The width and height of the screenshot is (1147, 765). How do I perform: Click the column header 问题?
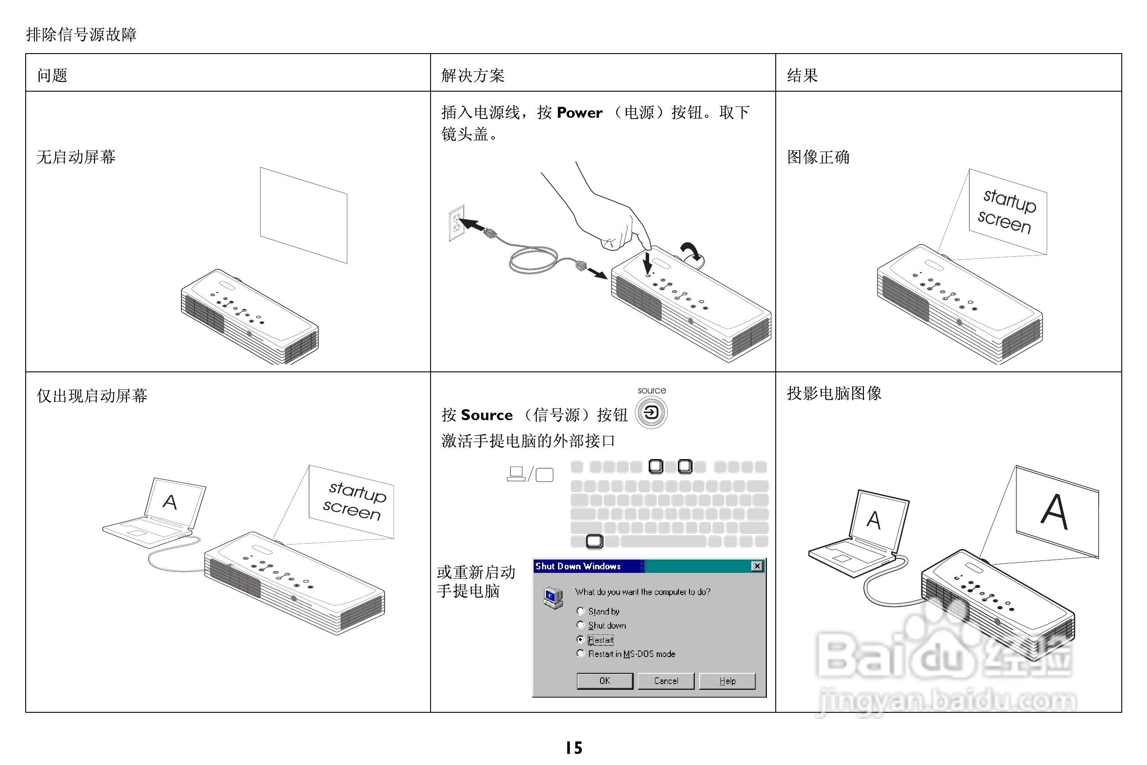(x=52, y=75)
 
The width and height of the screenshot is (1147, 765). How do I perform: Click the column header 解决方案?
(x=472, y=75)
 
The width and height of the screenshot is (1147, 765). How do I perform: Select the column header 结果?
(x=802, y=75)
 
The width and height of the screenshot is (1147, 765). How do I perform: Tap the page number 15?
(x=574, y=747)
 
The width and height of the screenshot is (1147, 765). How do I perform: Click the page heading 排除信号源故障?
(x=81, y=34)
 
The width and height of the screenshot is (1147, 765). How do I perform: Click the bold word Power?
(x=579, y=113)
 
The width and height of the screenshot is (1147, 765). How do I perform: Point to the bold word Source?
(x=487, y=415)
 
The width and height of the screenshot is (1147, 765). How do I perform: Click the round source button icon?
(x=651, y=413)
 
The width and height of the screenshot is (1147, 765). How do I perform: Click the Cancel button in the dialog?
(x=666, y=680)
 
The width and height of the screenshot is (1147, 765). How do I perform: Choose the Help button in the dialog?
(x=727, y=680)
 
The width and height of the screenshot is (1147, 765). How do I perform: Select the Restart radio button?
(x=580, y=639)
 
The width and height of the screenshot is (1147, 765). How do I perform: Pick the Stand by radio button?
(x=580, y=611)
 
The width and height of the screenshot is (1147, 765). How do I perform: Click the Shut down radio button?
(x=580, y=625)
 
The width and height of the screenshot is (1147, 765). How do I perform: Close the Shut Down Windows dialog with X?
(x=757, y=566)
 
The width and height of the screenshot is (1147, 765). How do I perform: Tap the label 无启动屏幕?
(x=76, y=157)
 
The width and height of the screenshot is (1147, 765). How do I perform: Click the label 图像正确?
(x=818, y=157)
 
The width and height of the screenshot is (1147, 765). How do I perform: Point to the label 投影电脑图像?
(x=833, y=393)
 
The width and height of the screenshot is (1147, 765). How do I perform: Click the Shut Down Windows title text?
(x=577, y=566)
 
